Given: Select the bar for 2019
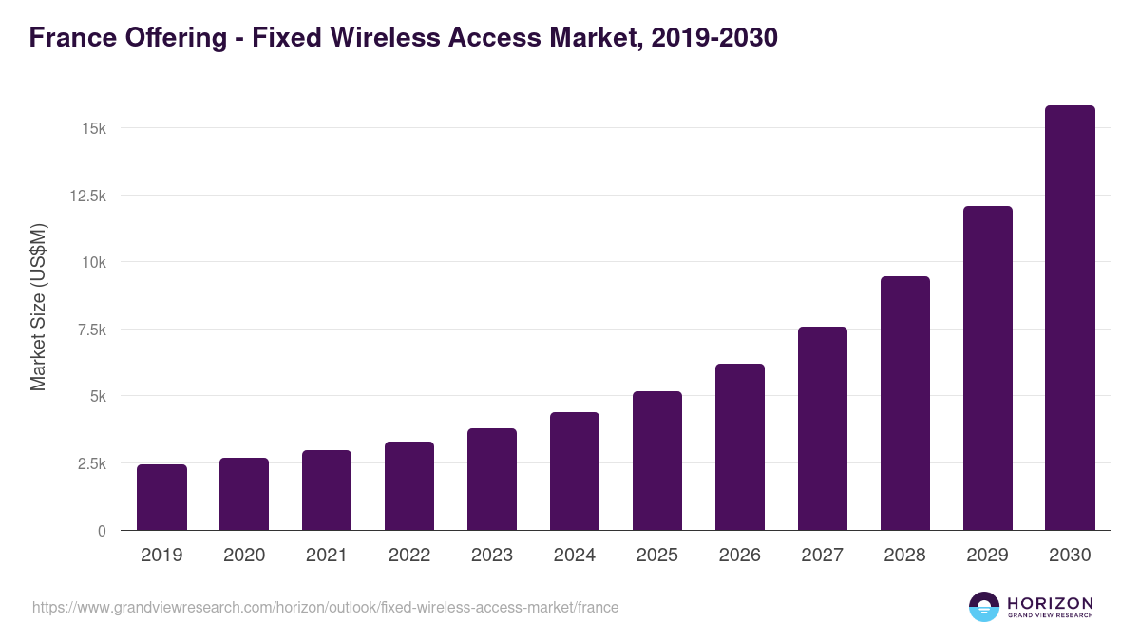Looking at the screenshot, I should (161, 497).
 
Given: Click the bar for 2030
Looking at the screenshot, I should (1070, 318).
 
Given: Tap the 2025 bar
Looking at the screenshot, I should (657, 461).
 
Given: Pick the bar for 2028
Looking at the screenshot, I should (904, 404).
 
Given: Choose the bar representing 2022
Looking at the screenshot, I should (409, 485).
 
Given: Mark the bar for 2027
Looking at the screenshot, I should (822, 428).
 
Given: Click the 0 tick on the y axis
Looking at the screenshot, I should (101, 531).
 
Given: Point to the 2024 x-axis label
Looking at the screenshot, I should (574, 556).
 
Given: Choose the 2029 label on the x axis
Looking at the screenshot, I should (987, 556).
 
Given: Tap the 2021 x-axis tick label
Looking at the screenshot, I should (326, 556).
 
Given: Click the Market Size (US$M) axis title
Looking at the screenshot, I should (38, 308).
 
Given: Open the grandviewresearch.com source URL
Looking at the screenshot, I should (325, 607).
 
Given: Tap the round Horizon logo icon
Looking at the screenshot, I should (984, 607).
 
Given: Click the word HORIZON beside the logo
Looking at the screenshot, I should (1050, 603).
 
